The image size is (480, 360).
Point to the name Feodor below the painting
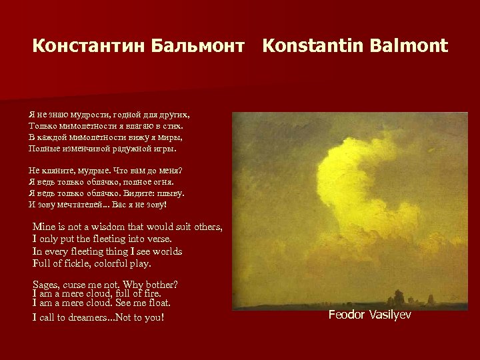(x=348, y=315)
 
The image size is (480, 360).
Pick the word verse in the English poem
(x=157, y=239)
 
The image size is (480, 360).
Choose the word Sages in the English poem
(x=46, y=285)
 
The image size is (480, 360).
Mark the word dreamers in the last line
(x=89, y=317)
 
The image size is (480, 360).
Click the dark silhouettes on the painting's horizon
(x=400, y=297)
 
